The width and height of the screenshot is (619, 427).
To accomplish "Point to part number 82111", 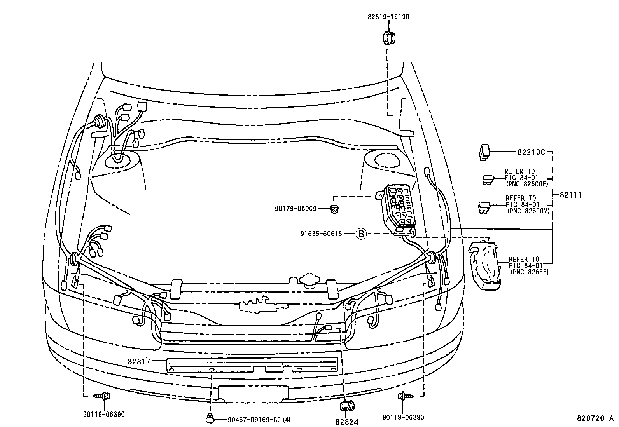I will pos(570,195).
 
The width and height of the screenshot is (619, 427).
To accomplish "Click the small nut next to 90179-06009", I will pos(334,209).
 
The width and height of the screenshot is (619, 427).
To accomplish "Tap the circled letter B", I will pos(361,234).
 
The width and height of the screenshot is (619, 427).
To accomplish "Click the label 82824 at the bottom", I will pos(347,422).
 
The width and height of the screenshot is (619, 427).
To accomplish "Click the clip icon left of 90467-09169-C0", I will pos(210,419).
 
